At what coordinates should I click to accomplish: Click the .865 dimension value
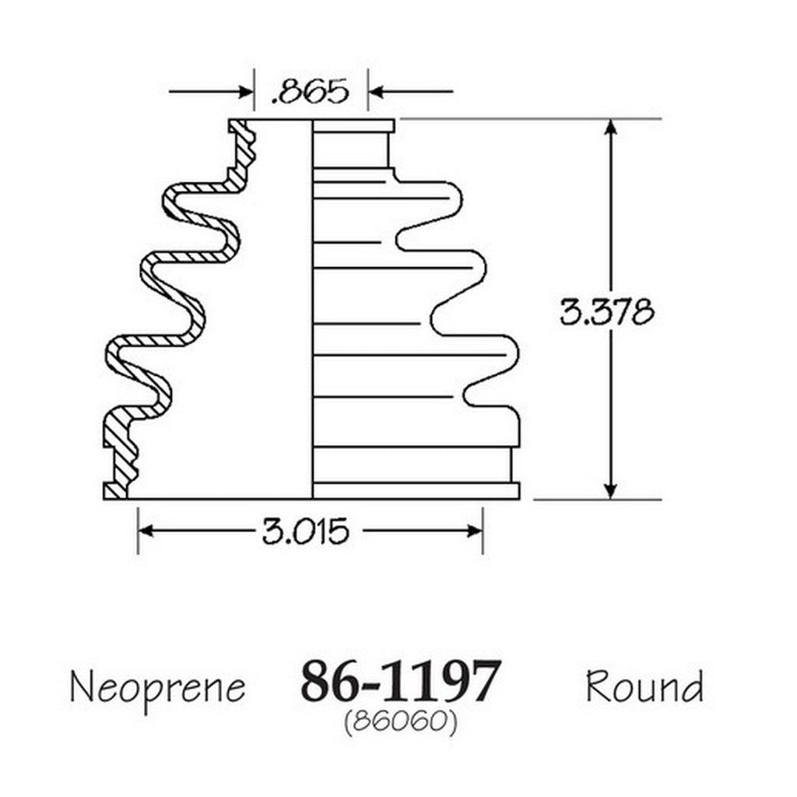(x=311, y=92)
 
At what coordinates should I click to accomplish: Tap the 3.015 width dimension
(x=305, y=531)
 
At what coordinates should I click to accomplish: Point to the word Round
(x=644, y=686)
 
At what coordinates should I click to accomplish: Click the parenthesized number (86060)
(x=401, y=721)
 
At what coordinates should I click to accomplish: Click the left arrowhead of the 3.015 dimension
(x=146, y=531)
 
